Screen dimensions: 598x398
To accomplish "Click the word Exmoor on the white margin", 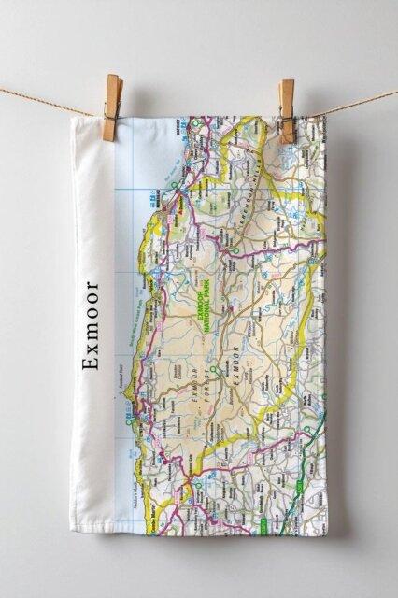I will pos(91,311).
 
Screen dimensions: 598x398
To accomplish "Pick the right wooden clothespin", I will pos(286,111).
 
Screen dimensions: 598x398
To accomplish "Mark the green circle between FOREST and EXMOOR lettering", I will pos(214,372).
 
